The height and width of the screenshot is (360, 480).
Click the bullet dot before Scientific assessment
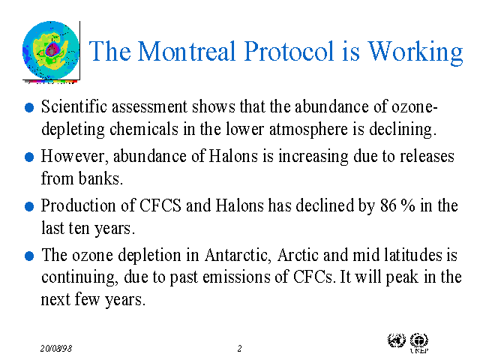[29, 107]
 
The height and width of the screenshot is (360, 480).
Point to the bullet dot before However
[29, 157]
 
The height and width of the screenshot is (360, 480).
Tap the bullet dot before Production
[29, 206]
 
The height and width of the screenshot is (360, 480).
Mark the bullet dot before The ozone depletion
[29, 256]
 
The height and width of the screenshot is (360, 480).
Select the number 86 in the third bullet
[388, 205]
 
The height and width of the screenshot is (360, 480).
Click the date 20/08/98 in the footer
[57, 349]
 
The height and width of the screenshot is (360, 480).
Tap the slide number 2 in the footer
[239, 349]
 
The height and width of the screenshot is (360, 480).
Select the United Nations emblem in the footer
[395, 340]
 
